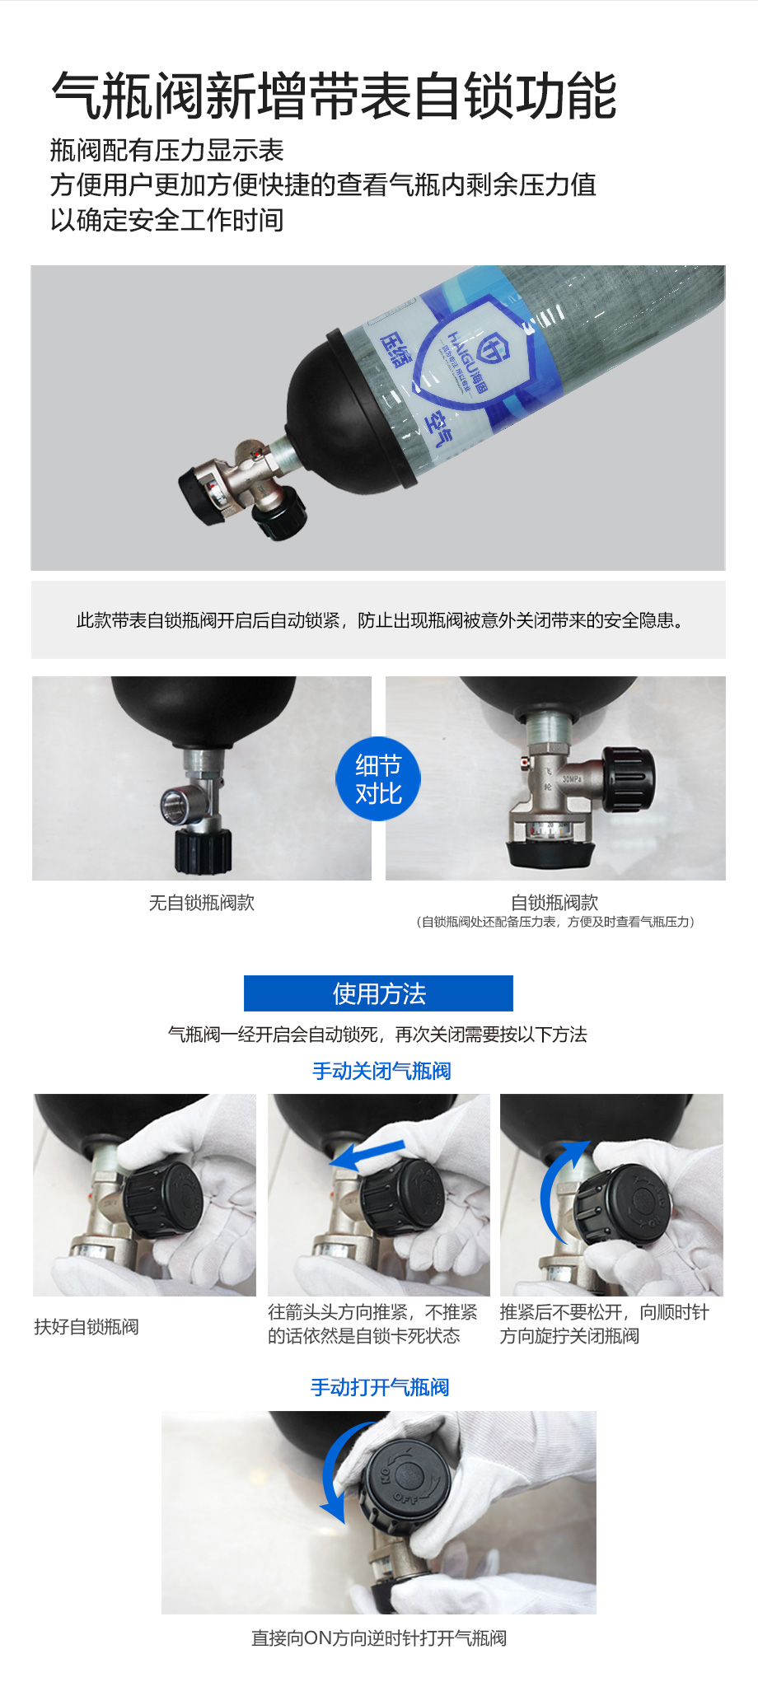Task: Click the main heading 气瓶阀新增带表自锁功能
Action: coord(334,96)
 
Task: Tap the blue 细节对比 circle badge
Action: coord(378,778)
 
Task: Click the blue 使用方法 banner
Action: coord(378,993)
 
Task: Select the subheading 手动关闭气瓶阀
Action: coord(381,1071)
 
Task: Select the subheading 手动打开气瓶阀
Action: coord(380,1387)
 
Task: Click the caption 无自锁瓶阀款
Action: coord(202,903)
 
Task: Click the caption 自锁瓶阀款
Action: coord(554,903)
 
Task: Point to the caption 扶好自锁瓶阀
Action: coord(87,1326)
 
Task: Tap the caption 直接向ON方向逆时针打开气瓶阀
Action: coord(379,1638)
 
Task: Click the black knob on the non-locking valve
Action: coord(203,852)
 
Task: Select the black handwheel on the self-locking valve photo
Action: coord(629,779)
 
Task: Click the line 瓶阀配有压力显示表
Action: coord(167,150)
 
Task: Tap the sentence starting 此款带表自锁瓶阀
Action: coord(380,620)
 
